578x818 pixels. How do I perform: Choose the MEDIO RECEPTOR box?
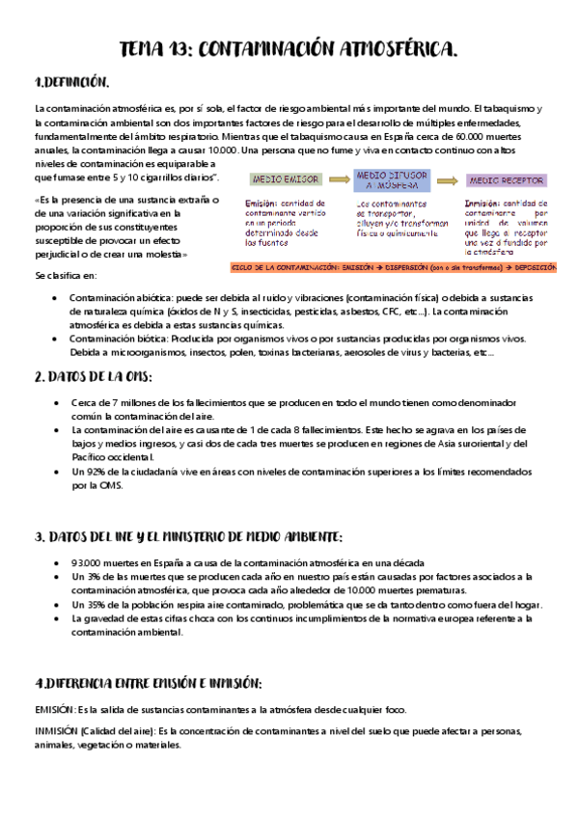[x=506, y=180]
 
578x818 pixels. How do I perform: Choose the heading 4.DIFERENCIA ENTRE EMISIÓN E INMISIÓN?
[x=149, y=683]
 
